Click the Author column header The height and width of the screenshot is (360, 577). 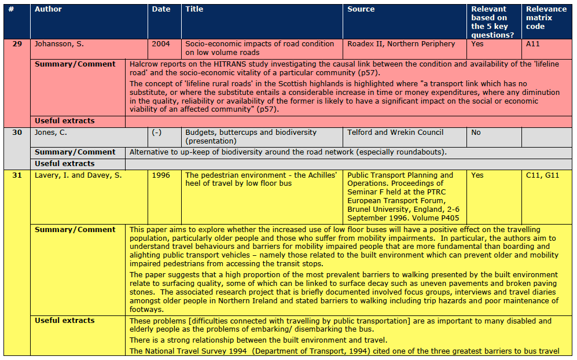coord(48,9)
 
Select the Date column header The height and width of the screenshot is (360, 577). coord(161,9)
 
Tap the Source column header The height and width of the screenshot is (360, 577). coord(361,9)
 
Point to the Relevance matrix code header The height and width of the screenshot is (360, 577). coord(546,17)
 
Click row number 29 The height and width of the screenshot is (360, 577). coord(17,44)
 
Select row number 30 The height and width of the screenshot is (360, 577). coord(17,133)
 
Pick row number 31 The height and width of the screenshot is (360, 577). coord(17,175)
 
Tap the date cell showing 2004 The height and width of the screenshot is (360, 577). coord(161,44)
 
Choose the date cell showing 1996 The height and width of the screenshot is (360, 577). coord(161,175)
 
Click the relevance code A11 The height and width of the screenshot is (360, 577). coord(533,44)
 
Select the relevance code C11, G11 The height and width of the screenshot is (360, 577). coord(542,175)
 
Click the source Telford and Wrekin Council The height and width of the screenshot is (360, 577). coord(395,133)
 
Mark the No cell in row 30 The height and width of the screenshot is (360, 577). coord(476,133)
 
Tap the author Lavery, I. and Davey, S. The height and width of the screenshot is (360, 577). coord(78,175)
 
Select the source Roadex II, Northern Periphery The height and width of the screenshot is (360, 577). coord(401,44)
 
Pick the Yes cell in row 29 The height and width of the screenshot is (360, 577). coord(477,44)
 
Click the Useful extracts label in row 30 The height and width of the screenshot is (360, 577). coord(64,164)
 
